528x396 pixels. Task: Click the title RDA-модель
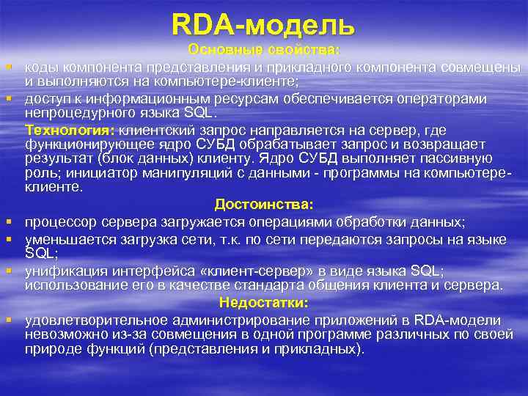click(263, 25)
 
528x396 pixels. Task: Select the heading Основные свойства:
click(264, 51)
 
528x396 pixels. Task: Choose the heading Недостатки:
click(264, 302)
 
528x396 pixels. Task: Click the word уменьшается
click(65, 239)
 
